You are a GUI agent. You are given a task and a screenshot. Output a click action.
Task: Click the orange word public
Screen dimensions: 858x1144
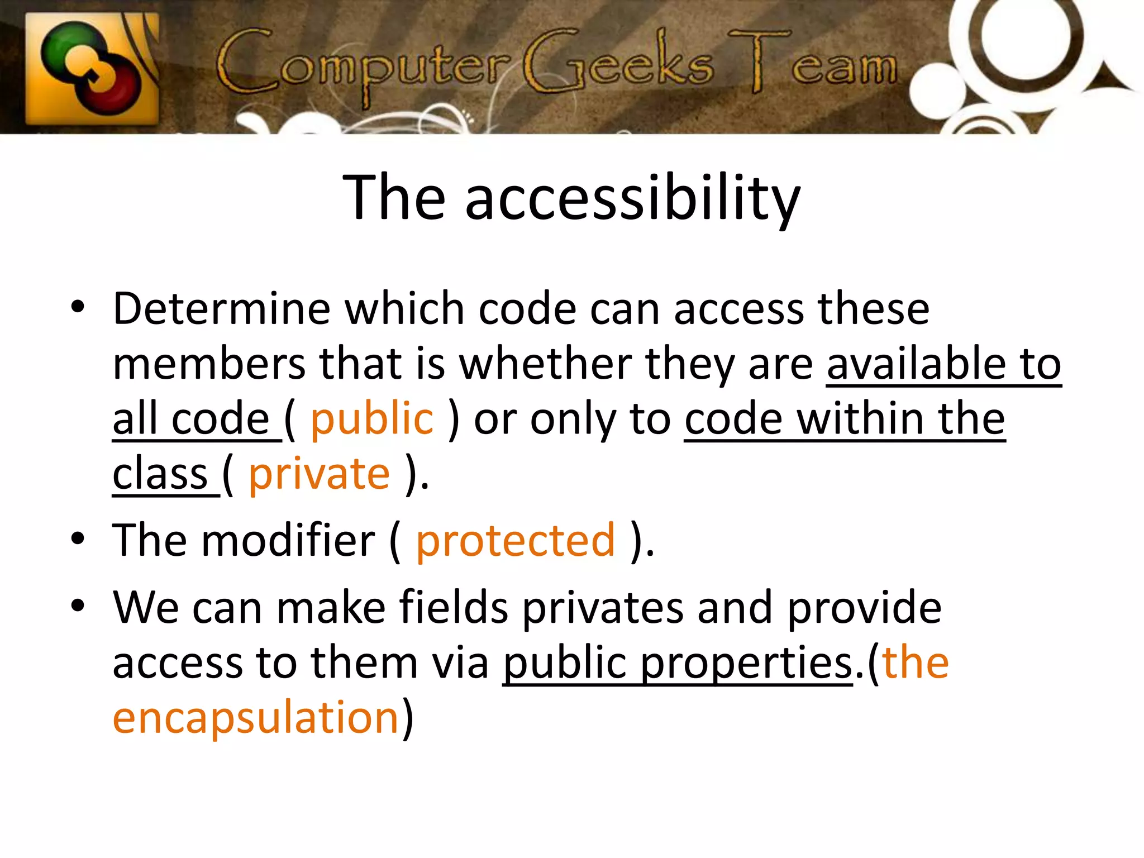pos(371,419)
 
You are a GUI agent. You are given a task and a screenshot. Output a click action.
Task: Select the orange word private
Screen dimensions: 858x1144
pos(319,474)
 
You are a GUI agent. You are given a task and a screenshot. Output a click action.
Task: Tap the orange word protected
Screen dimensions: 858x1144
pos(515,540)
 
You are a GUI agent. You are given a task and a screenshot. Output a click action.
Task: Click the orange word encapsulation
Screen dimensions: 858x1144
pos(255,717)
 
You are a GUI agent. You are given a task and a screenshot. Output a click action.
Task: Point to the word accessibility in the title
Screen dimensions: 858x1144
pos(633,198)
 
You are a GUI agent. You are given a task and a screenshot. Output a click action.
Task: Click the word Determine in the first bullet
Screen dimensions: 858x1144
pos(222,308)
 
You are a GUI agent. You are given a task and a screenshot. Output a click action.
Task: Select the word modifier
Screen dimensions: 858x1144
pos(288,540)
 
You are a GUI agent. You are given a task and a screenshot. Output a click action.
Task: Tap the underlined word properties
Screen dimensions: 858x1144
pos(746,663)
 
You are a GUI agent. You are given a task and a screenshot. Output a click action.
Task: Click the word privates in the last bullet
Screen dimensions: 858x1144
pos(603,608)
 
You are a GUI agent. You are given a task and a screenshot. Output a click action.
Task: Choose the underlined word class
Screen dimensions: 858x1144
pos(160,474)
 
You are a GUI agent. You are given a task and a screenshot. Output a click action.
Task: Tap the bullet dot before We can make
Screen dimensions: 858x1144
pos(78,606)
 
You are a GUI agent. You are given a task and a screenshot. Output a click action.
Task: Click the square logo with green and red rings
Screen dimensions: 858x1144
pos(92,68)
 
